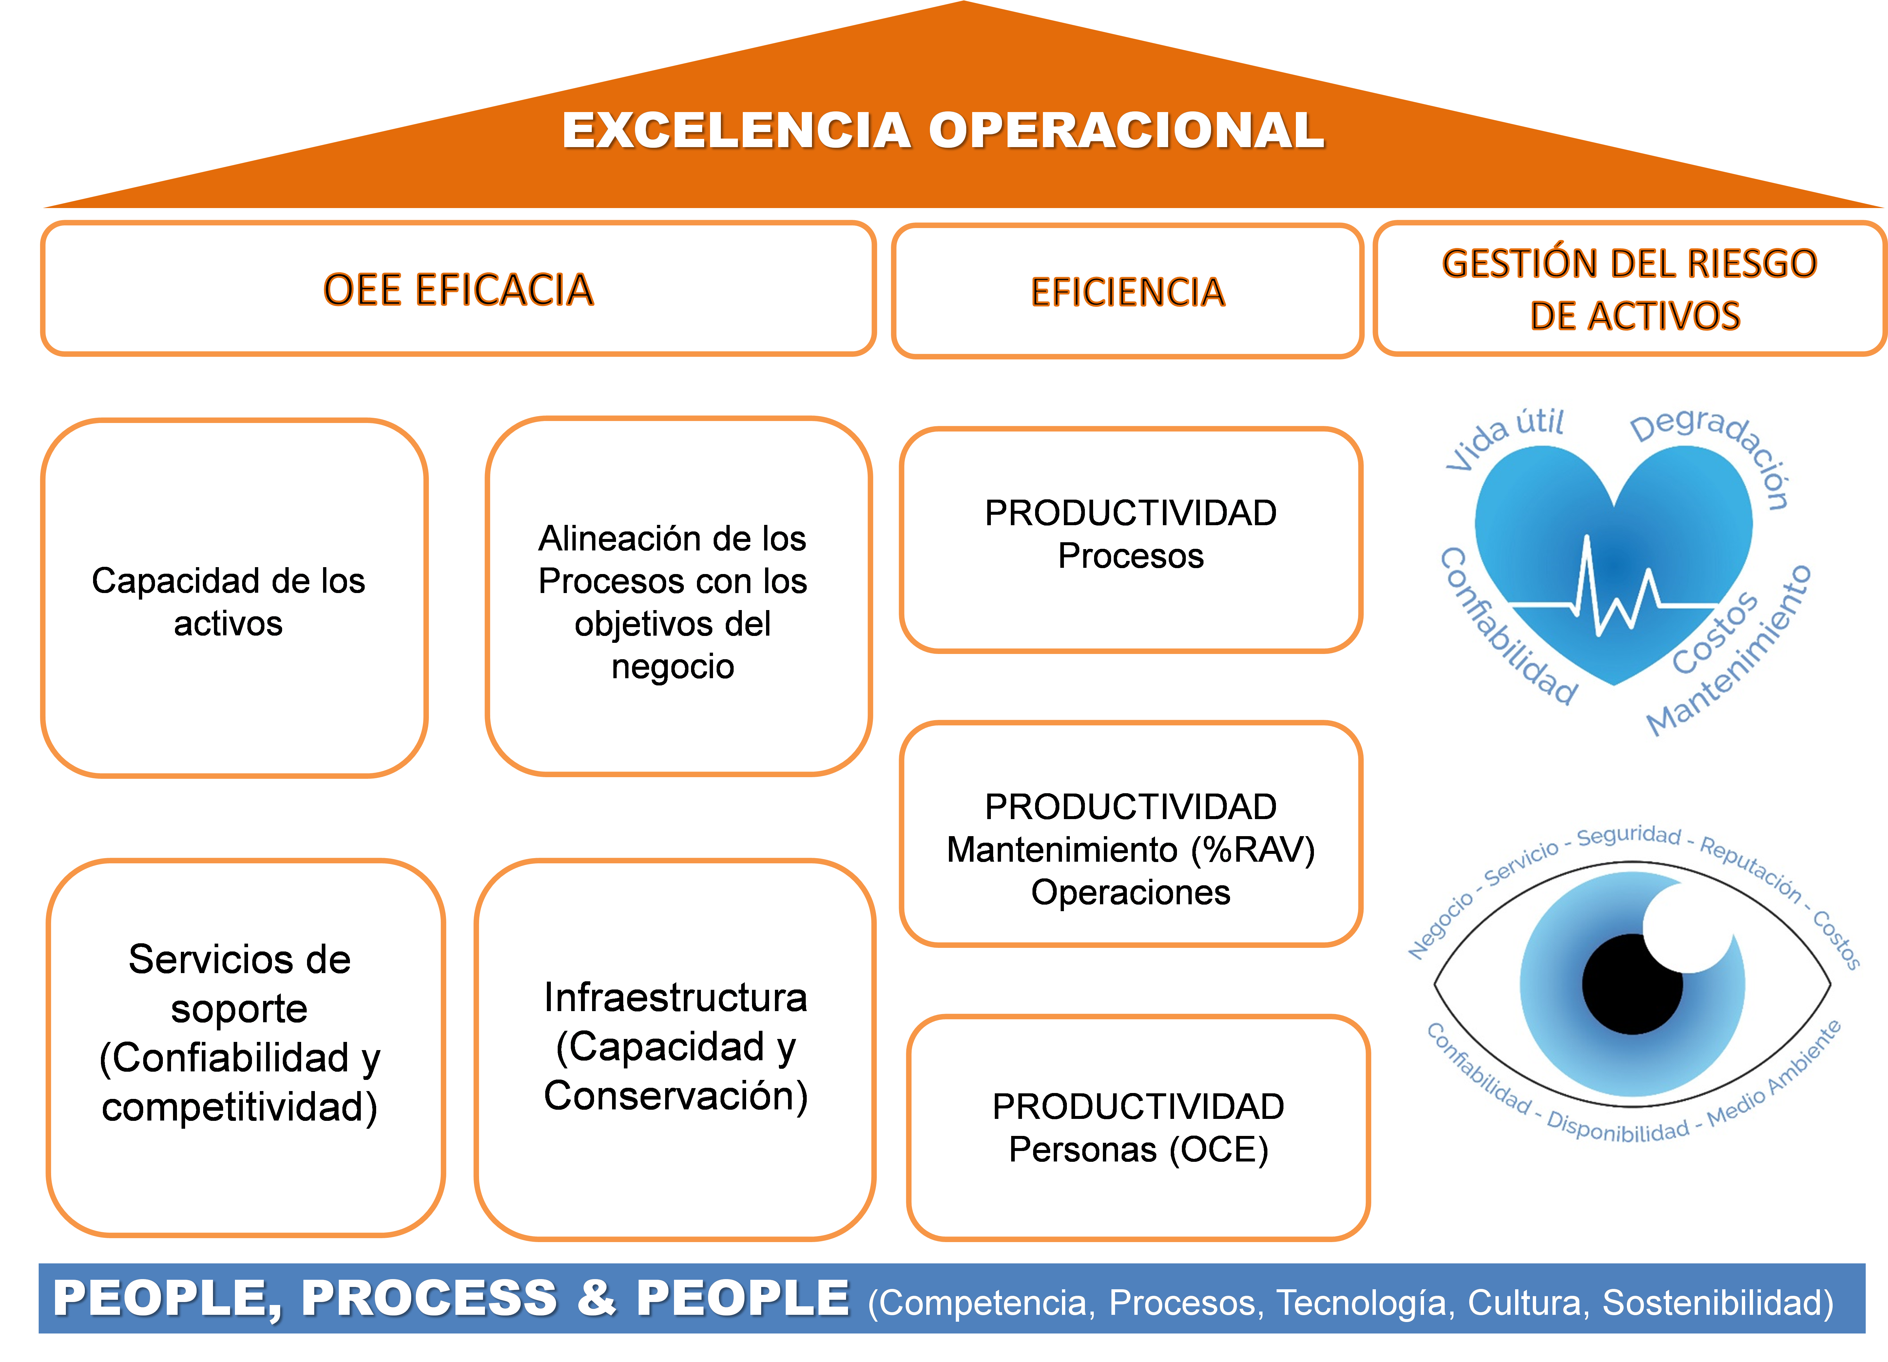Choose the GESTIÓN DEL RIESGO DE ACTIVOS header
tap(1630, 289)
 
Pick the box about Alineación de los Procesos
tap(679, 596)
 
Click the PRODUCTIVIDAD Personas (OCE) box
tap(1138, 1127)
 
